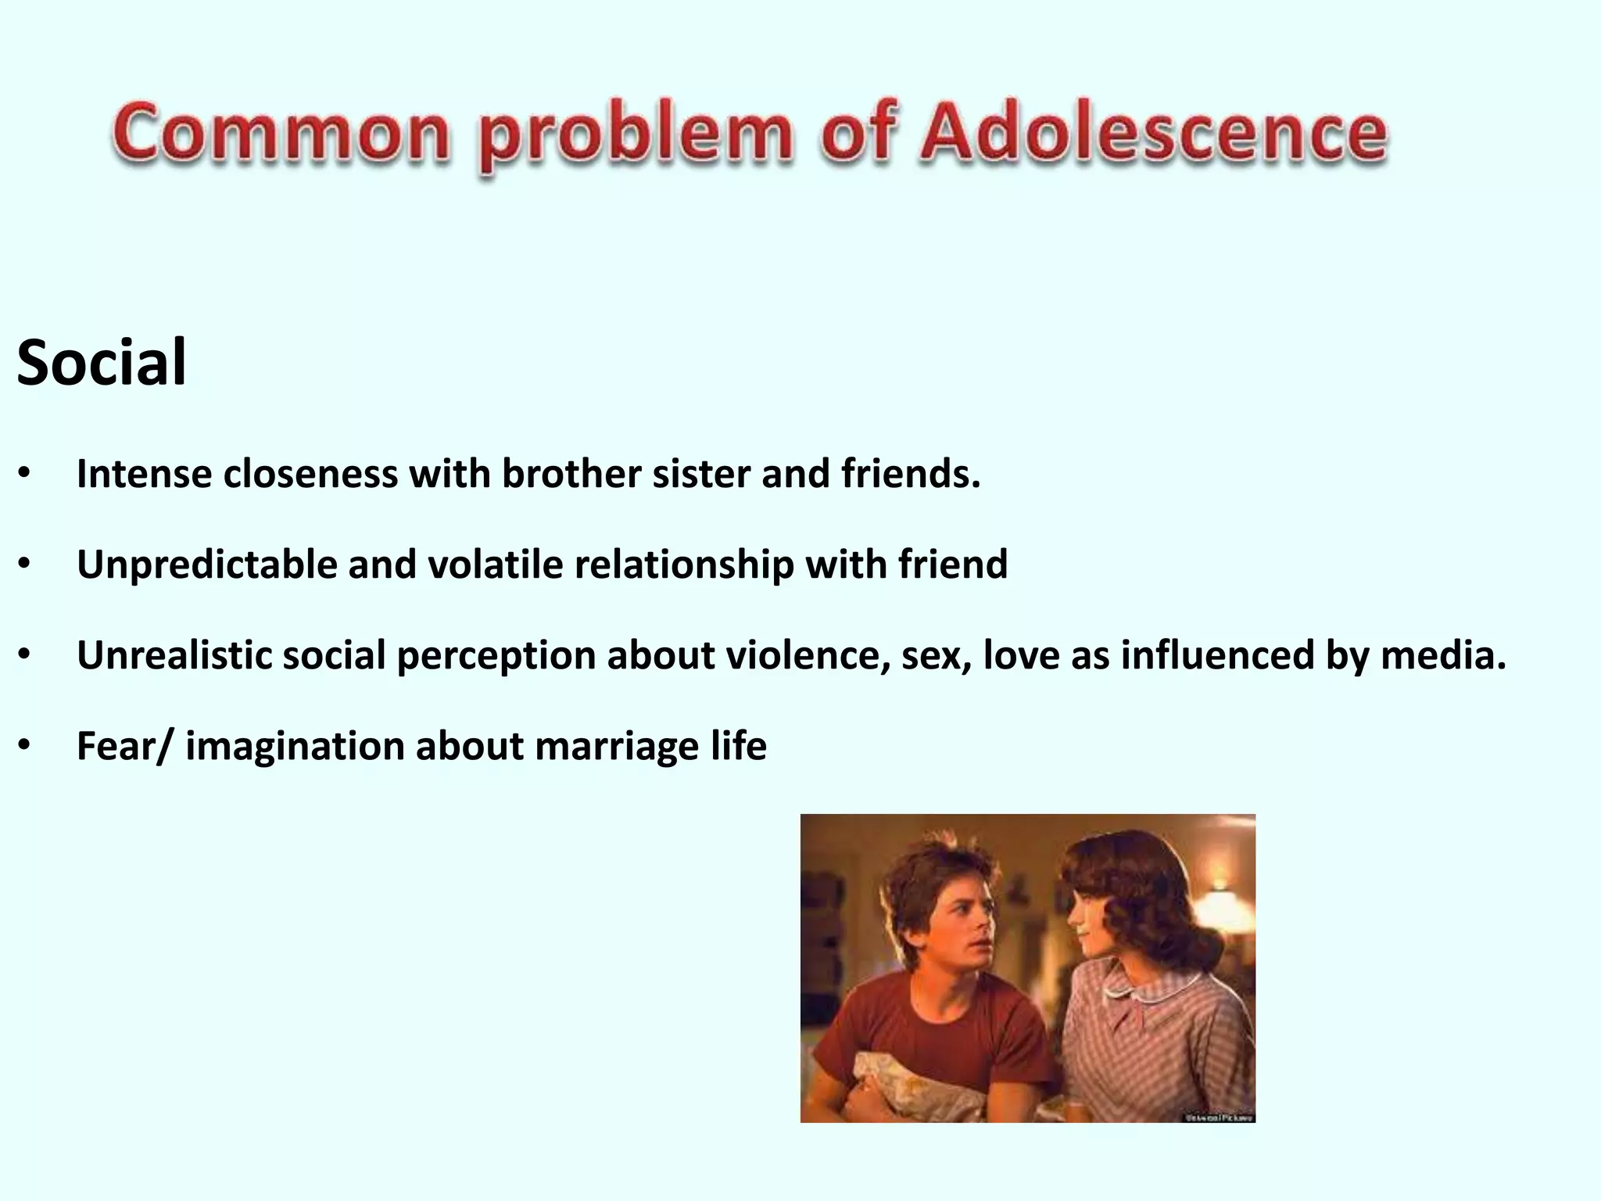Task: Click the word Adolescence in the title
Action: [1153, 133]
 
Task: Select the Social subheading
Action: [102, 363]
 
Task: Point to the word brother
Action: [571, 474]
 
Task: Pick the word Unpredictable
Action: [206, 565]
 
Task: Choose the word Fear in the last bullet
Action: [116, 746]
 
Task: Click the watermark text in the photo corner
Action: [1220, 1117]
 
